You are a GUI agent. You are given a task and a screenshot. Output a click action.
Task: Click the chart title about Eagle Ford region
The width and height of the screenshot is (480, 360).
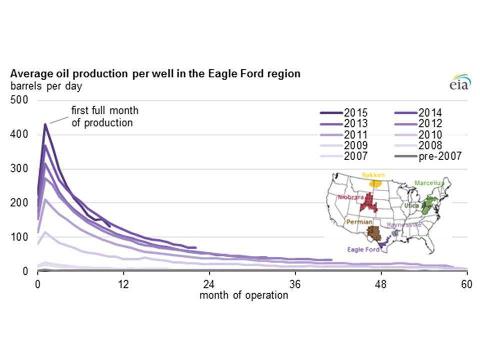[155, 73]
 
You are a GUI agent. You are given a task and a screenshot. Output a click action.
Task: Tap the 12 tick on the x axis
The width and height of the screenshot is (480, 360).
[123, 283]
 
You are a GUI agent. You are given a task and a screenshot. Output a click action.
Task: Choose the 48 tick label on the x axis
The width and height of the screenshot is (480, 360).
[381, 283]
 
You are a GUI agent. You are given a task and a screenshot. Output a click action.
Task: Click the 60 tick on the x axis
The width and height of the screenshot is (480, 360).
[467, 283]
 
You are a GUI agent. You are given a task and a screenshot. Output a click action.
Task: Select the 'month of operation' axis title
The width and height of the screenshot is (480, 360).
[244, 295]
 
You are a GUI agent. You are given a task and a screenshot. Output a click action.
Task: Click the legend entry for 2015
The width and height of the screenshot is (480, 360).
[344, 112]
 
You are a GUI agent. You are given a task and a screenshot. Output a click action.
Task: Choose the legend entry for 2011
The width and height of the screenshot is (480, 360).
[344, 134]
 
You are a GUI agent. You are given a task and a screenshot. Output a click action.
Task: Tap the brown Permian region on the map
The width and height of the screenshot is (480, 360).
[373, 232]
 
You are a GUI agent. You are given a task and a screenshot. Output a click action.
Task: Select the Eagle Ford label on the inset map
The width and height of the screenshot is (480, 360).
[363, 249]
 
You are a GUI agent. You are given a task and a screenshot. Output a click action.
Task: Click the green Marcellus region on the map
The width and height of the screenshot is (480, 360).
[428, 204]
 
